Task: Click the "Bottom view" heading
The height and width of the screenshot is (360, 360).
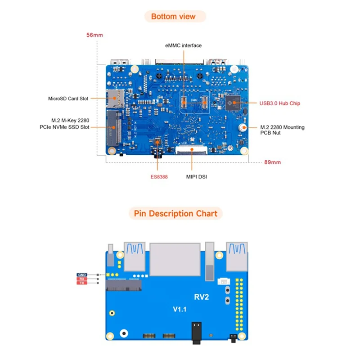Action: (173, 17)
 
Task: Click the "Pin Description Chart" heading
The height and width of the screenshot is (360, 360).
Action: (175, 213)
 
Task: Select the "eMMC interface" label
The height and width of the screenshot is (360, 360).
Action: (184, 45)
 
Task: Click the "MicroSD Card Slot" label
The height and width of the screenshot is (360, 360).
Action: (68, 98)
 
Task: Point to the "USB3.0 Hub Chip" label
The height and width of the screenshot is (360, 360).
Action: (280, 103)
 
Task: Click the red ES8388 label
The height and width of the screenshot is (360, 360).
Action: (159, 177)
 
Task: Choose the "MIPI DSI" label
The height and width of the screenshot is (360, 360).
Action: (197, 177)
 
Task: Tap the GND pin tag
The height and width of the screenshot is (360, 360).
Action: (82, 274)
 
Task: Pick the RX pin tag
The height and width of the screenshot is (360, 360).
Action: (82, 279)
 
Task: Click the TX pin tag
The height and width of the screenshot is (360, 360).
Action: (82, 283)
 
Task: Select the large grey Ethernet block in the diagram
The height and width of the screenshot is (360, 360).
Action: (175, 259)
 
